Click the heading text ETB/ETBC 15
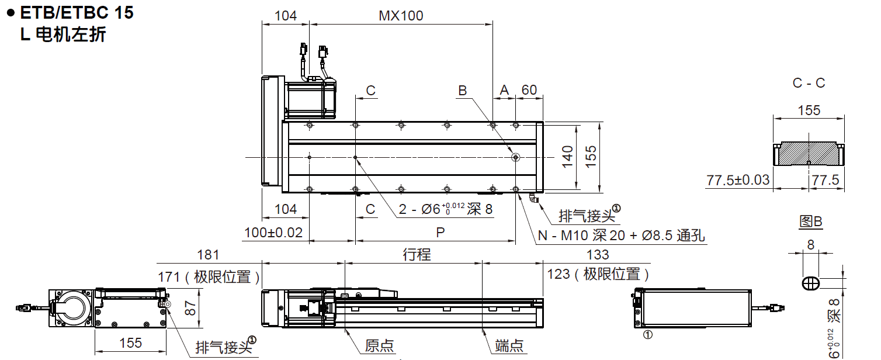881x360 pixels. [x=77, y=13]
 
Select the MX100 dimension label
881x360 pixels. [x=401, y=16]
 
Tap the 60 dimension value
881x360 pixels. [x=529, y=90]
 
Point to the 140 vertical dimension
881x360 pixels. [x=567, y=157]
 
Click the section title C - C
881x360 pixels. [x=809, y=83]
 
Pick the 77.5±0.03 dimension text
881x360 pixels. [x=738, y=180]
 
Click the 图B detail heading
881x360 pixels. [x=810, y=221]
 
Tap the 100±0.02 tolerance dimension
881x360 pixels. [x=274, y=232]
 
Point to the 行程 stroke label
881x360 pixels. [x=417, y=254]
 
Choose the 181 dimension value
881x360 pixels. [x=208, y=254]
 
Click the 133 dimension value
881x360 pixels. [x=597, y=254]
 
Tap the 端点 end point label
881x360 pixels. [x=509, y=345]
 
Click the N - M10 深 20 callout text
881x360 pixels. [x=621, y=236]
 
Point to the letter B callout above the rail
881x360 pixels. [x=462, y=91]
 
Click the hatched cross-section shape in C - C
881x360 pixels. [x=809, y=153]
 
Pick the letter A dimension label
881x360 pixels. [x=504, y=90]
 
